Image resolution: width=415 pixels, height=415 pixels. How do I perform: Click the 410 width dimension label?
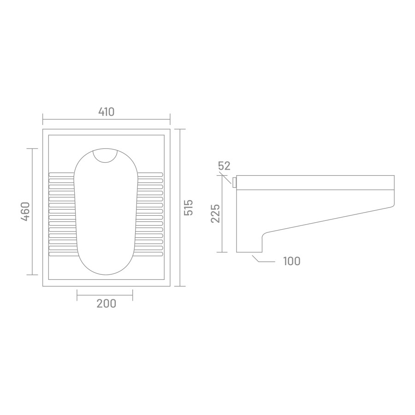point(107,112)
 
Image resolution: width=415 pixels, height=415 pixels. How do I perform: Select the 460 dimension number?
point(25,212)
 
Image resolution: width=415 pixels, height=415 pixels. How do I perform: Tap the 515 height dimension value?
point(189,207)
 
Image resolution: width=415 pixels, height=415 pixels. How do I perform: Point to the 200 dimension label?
point(107,303)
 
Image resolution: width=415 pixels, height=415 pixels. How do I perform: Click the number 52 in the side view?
point(224,166)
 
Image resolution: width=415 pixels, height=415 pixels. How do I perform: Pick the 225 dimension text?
point(215,213)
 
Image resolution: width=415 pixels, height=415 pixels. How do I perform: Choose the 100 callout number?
point(292,261)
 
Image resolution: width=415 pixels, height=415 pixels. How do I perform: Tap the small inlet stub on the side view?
point(234,183)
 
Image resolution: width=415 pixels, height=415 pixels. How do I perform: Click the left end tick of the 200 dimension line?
point(77,295)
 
